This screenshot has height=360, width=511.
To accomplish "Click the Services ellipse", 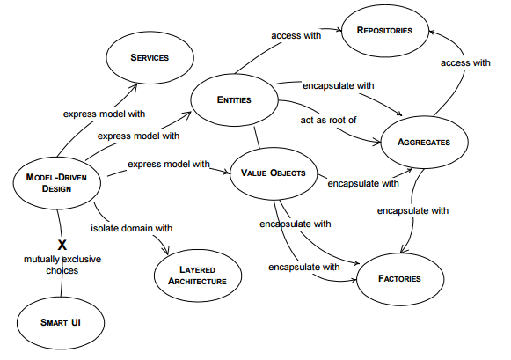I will (x=149, y=57).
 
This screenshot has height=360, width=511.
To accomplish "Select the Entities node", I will (x=234, y=100).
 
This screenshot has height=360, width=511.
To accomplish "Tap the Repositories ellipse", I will (x=383, y=31).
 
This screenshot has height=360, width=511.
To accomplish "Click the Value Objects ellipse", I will (x=274, y=173).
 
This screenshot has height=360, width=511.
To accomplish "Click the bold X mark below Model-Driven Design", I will (x=62, y=244).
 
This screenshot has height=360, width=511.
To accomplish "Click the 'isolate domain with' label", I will (x=132, y=228).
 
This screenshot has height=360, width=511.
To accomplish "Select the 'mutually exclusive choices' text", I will (x=62, y=265).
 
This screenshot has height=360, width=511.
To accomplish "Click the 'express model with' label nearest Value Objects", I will (x=169, y=164).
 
